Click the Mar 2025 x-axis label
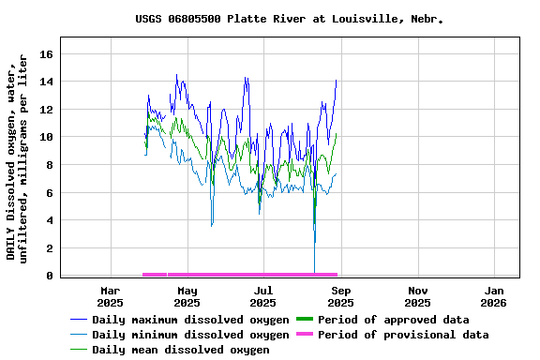pyautogui.click(x=110, y=296)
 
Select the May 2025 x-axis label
pyautogui.click(x=187, y=296)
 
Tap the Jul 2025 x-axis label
pyautogui.click(x=264, y=296)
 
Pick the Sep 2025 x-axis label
pyautogui.click(x=340, y=296)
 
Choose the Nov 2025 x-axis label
pyautogui.click(x=417, y=296)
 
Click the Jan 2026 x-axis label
pyautogui.click(x=493, y=296)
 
